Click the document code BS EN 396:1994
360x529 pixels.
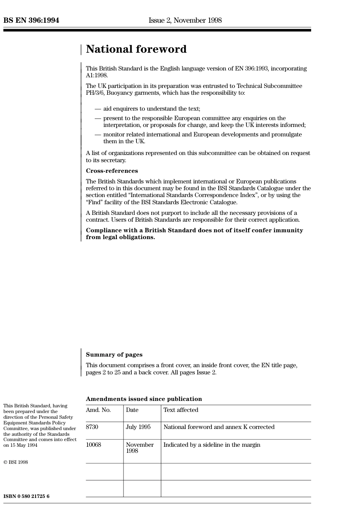pos(31,20)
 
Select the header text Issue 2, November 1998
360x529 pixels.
pos(185,20)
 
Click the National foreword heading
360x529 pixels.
pos(136,49)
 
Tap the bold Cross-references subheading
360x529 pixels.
pos(112,171)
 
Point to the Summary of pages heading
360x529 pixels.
pos(114,355)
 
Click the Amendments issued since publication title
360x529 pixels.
pos(144,399)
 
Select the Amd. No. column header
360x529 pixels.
pos(98,410)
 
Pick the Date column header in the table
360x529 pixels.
pos(132,410)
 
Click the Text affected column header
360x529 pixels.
pos(181,410)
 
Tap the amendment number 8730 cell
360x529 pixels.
pos(92,427)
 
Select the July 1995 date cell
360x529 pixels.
pos(138,427)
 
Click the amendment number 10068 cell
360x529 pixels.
pos(94,445)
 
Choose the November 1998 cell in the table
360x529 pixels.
pos(139,448)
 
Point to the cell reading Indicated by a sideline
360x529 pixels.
pos(212,445)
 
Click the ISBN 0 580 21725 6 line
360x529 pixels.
pos(27,496)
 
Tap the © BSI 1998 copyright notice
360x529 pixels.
pos(16,462)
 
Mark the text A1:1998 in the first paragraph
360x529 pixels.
pos(97,75)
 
